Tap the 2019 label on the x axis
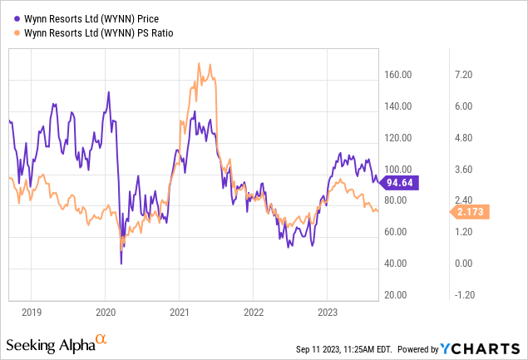click(x=32, y=313)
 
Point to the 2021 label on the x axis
click(x=180, y=313)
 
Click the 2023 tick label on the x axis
click(x=328, y=313)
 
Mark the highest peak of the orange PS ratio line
click(x=199, y=63)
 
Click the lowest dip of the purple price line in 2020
click(x=121, y=264)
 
